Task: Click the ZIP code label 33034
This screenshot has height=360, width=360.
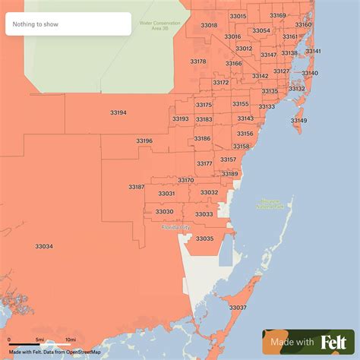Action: point(44,246)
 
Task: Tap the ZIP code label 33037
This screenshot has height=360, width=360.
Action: point(238,308)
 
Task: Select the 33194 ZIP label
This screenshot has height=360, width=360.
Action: point(118,113)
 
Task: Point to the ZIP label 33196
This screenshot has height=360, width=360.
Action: point(144,141)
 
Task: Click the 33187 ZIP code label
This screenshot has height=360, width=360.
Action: point(137,186)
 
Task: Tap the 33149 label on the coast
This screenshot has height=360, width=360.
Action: point(298,121)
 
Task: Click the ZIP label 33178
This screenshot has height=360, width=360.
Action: point(198,61)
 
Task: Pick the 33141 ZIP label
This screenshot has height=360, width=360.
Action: point(313,51)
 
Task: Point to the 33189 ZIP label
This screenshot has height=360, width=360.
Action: point(230,174)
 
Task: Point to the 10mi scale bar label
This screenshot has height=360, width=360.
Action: point(70,339)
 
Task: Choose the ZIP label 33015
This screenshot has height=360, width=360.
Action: point(238,16)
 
